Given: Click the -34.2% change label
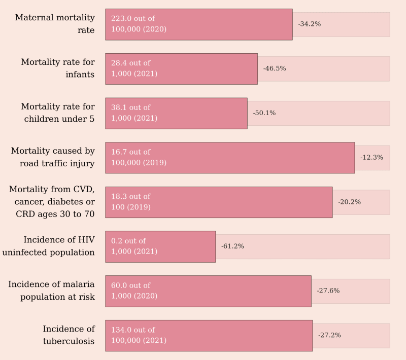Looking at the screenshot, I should click(x=309, y=24).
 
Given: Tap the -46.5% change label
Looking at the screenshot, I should click(x=274, y=68).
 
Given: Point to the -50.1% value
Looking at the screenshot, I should click(x=264, y=113).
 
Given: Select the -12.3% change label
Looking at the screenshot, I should click(x=371, y=158).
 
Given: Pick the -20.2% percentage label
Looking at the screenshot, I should click(x=349, y=202).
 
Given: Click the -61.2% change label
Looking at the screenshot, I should click(x=232, y=246).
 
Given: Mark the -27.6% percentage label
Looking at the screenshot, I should click(x=328, y=291).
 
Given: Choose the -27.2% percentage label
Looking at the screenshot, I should click(x=329, y=335).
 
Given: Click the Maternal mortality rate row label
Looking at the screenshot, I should click(x=55, y=24).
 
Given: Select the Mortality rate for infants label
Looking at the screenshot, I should click(x=58, y=68).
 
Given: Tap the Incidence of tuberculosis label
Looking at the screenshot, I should click(x=69, y=335).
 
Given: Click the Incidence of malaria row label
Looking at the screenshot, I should click(x=51, y=291).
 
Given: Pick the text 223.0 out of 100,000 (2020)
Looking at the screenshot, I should click(x=139, y=24).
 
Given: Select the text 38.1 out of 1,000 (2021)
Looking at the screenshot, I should click(x=134, y=113).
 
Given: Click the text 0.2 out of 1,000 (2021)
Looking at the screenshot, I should click(x=134, y=246).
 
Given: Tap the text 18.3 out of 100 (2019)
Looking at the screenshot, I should click(x=131, y=202).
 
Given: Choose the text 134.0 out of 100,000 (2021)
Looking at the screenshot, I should click(x=139, y=335).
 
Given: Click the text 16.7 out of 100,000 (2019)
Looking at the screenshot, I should click(x=139, y=157).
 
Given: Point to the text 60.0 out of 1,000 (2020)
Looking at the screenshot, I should click(x=134, y=291).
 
